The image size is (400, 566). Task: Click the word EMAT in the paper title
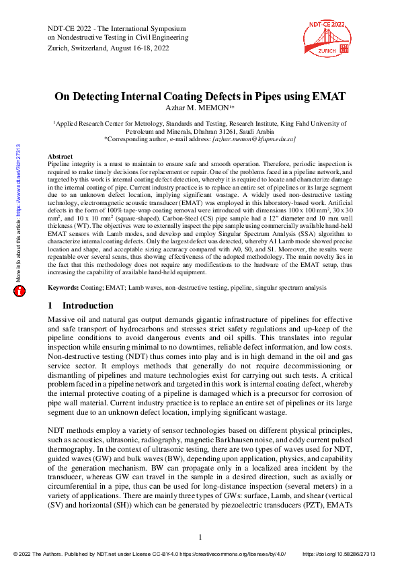coord(328,96)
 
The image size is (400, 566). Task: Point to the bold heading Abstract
coord(61,155)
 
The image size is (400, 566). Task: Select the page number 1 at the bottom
coord(200,536)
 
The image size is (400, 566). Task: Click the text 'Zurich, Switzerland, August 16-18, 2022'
coord(107,50)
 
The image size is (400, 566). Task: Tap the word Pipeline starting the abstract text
coord(63,163)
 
